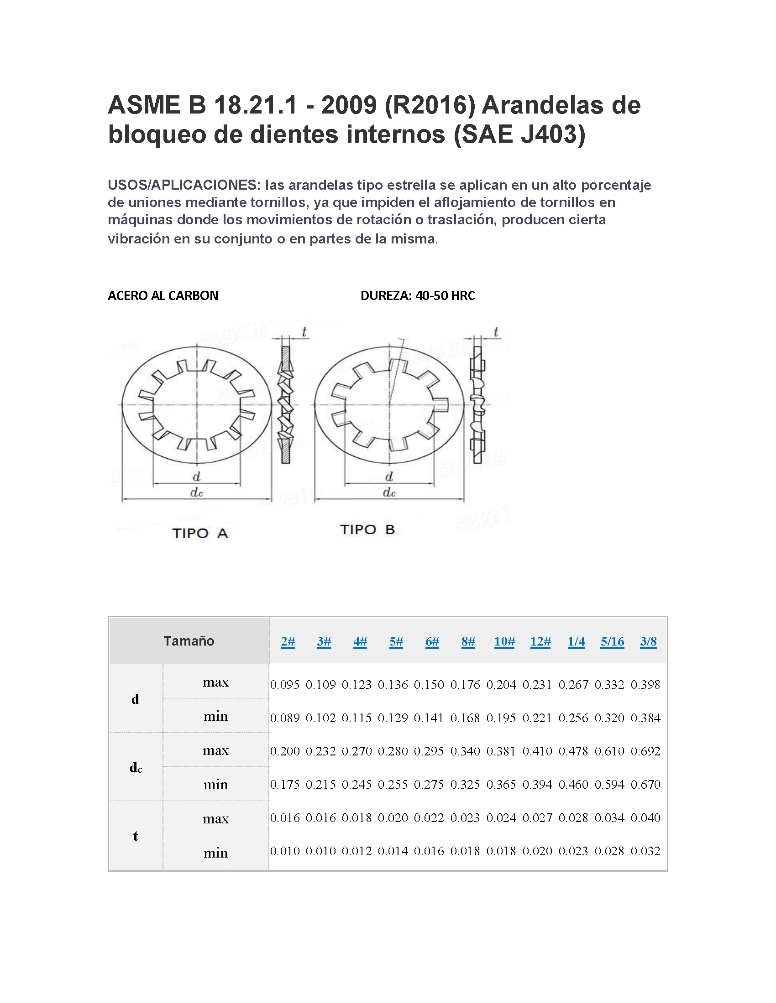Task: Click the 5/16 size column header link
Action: pyautogui.click(x=612, y=641)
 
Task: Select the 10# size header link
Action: pyautogui.click(x=504, y=641)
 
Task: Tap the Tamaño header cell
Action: pyautogui.click(x=189, y=641)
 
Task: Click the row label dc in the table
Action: pyautogui.click(x=136, y=768)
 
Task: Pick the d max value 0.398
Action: pyautogui.click(x=645, y=685)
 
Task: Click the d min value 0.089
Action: pyautogui.click(x=284, y=718)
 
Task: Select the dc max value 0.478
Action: pyautogui.click(x=573, y=751)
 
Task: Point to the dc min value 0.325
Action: pyautogui.click(x=465, y=785)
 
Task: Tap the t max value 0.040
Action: pyautogui.click(x=645, y=818)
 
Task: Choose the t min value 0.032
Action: pyautogui.click(x=645, y=851)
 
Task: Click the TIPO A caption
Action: pyautogui.click(x=200, y=533)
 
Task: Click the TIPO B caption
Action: pyautogui.click(x=367, y=529)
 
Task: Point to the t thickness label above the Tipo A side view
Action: pyautogui.click(x=304, y=332)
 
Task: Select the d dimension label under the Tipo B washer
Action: pyautogui.click(x=389, y=477)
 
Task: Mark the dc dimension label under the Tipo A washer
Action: pyautogui.click(x=197, y=493)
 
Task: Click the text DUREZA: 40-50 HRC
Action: pyautogui.click(x=417, y=296)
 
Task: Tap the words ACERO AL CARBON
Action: pyautogui.click(x=163, y=296)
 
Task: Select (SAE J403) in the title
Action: pyautogui.click(x=519, y=134)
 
